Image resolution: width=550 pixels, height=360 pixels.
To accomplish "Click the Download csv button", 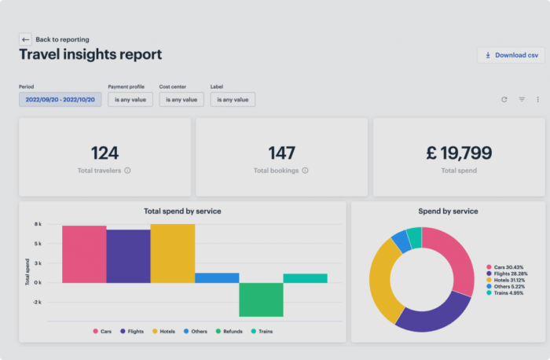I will pyautogui.click(x=510, y=55).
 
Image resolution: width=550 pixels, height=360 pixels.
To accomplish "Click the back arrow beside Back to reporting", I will pyautogui.click(x=25, y=39).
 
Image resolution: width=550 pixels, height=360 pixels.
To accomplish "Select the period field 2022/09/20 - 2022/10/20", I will pyautogui.click(x=60, y=100).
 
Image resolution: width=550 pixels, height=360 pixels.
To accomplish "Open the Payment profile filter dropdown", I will pyautogui.click(x=130, y=100).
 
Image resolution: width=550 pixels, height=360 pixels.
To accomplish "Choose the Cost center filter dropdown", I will pyautogui.click(x=181, y=100).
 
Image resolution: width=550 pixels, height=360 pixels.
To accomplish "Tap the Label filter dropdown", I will pyautogui.click(x=233, y=100).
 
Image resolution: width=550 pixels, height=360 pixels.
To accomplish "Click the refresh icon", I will pyautogui.click(x=504, y=100).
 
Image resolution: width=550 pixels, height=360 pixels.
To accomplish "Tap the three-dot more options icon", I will pyautogui.click(x=538, y=100).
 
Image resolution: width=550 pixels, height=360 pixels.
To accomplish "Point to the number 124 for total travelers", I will pyautogui.click(x=104, y=152).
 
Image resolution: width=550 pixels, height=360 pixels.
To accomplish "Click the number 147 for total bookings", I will pyautogui.click(x=281, y=152).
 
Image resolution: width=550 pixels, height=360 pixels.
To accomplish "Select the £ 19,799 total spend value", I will pyautogui.click(x=459, y=152).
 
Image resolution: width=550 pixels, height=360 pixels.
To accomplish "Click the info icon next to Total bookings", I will pyautogui.click(x=305, y=170).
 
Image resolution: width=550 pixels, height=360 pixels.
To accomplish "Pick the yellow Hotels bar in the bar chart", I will pyautogui.click(x=173, y=253).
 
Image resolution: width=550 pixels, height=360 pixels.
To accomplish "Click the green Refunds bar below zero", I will pyautogui.click(x=261, y=299).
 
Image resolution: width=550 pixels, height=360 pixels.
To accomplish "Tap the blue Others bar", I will pyautogui.click(x=217, y=277).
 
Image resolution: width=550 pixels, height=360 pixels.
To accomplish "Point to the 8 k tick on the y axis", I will pyautogui.click(x=37, y=224).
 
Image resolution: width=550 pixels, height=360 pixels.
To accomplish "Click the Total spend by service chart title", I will pyautogui.click(x=182, y=211).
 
